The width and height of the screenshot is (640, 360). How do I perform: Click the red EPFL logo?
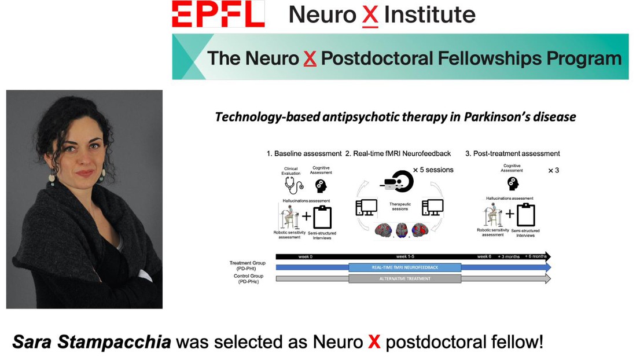(218, 14)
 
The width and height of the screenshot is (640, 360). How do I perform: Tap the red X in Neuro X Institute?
(370, 16)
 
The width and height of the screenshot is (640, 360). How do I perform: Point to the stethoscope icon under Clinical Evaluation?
(294, 185)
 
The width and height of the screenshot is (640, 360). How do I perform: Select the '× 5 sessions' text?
(433, 170)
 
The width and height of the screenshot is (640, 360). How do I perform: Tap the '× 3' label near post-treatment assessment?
(553, 170)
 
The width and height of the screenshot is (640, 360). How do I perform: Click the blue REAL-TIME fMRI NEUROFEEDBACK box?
(405, 267)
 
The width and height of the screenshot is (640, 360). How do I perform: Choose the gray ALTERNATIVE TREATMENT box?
(405, 279)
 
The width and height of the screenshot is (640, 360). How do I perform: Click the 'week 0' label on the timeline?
(306, 256)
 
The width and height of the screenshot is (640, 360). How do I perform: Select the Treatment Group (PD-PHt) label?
(247, 266)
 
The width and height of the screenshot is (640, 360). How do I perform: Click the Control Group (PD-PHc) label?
(248, 279)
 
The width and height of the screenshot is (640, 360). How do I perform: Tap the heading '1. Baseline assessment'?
(304, 153)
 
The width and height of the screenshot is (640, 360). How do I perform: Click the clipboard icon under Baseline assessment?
(322, 216)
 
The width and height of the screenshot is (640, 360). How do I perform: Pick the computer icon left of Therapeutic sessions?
(366, 208)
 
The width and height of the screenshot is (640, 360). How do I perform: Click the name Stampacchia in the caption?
(114, 341)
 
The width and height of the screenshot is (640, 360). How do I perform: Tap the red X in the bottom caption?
(374, 342)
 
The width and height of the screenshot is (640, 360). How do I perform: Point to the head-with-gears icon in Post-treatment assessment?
(513, 183)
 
